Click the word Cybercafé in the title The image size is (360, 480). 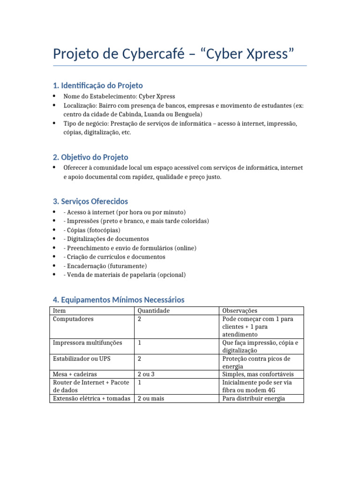point(153,54)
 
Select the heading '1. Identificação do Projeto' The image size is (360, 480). point(98,85)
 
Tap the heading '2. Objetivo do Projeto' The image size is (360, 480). point(90,157)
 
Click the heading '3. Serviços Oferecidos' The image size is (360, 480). point(90,202)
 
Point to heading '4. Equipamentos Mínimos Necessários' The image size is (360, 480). point(119,300)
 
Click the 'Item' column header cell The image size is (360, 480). point(60,310)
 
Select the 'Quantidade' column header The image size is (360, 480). point(153,310)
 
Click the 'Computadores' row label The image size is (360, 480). point(73,319)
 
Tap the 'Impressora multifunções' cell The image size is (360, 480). point(88,343)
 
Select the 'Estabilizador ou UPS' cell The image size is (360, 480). point(82,359)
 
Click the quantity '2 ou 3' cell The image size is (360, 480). point(146,374)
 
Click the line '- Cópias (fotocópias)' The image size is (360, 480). point(91,230)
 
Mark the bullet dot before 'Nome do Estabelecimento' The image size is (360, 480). point(54,96)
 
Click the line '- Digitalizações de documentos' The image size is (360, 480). point(106,239)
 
